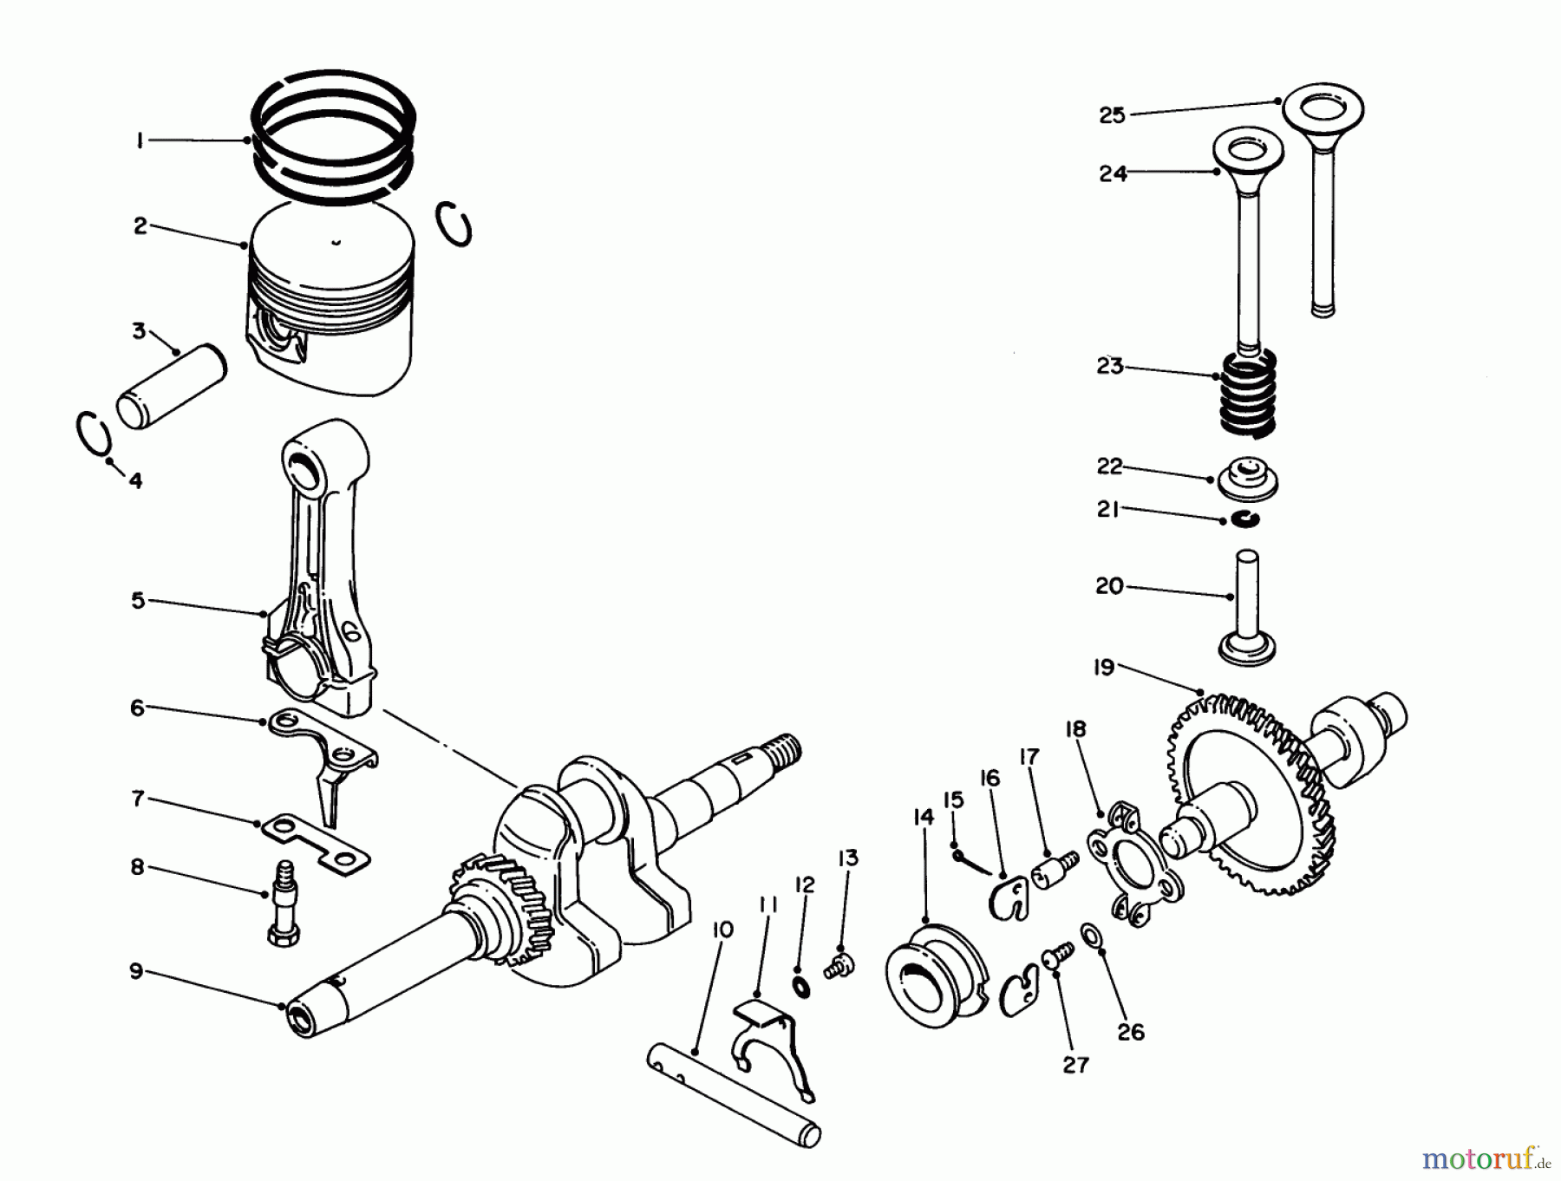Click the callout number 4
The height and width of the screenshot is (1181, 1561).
(x=135, y=480)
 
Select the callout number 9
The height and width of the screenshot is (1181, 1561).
(x=136, y=971)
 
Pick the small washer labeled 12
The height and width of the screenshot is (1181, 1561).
(x=800, y=986)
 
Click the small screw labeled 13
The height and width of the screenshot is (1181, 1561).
(x=842, y=962)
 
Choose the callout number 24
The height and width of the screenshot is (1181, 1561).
(x=1113, y=173)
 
